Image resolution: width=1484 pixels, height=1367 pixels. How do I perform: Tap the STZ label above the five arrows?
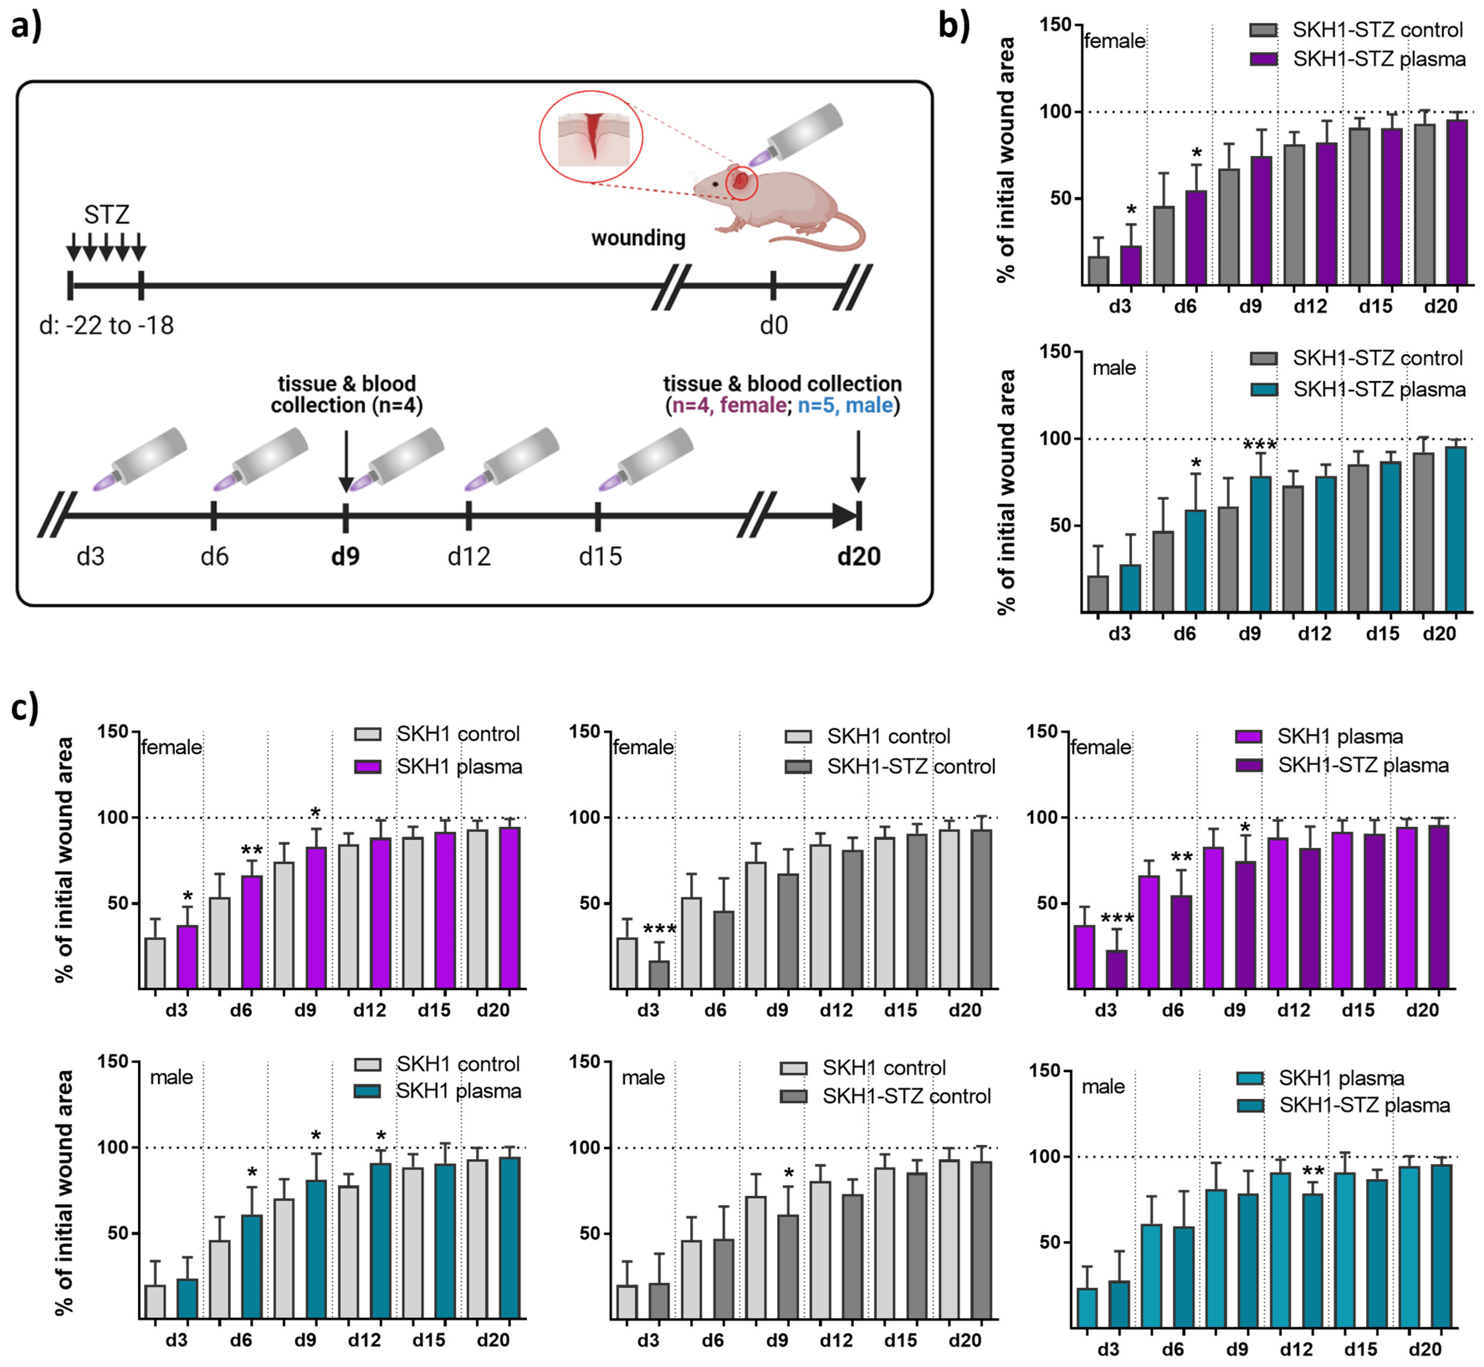point(106,215)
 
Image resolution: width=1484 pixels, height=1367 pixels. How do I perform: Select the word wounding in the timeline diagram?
point(638,238)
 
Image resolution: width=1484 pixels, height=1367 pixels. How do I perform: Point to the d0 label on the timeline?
point(774,326)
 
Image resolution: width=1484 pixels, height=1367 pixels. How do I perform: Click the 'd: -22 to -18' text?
point(106,326)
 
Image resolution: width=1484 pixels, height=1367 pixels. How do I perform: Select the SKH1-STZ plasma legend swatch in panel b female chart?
point(1263,59)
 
